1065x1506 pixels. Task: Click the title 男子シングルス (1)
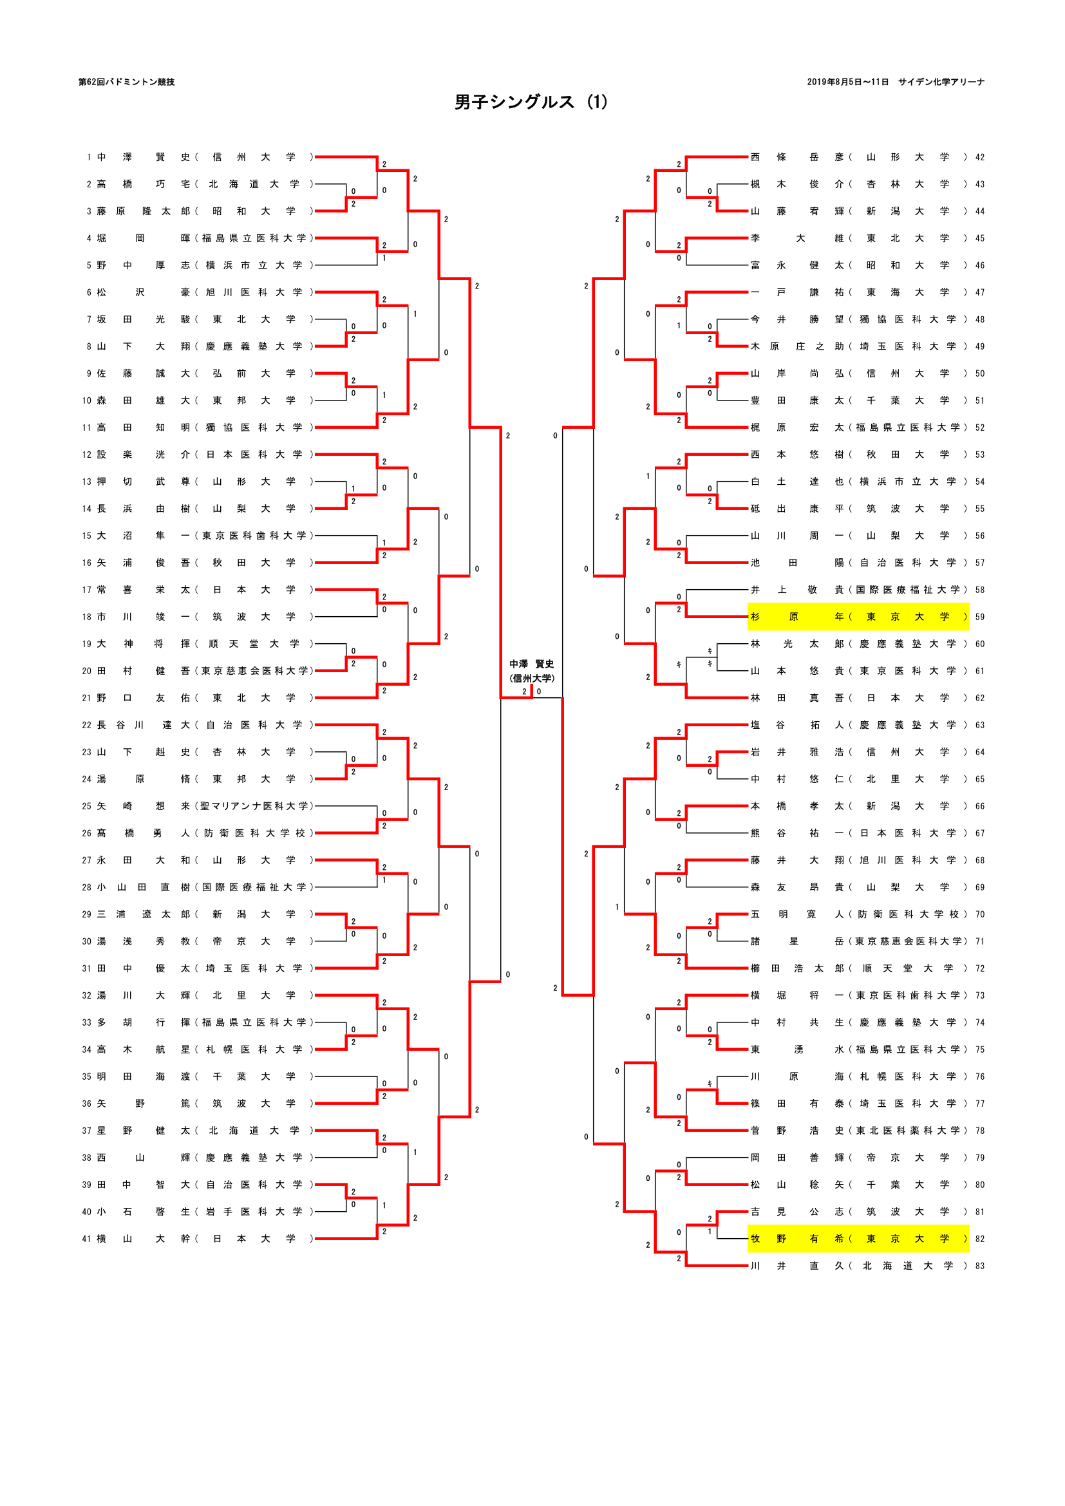[x=531, y=102]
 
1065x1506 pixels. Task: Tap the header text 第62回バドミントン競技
[x=127, y=82]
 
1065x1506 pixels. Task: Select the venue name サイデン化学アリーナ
[x=941, y=82]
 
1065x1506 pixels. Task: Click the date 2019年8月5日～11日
[x=847, y=82]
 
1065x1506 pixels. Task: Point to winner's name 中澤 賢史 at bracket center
[x=531, y=664]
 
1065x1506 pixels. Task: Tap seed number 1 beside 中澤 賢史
[x=88, y=157]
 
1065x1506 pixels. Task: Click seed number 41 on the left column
[x=86, y=1238]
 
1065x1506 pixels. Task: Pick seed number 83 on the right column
[x=980, y=1265]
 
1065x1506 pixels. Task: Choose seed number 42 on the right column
[x=980, y=157]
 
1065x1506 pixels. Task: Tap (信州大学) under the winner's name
[x=532, y=678]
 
